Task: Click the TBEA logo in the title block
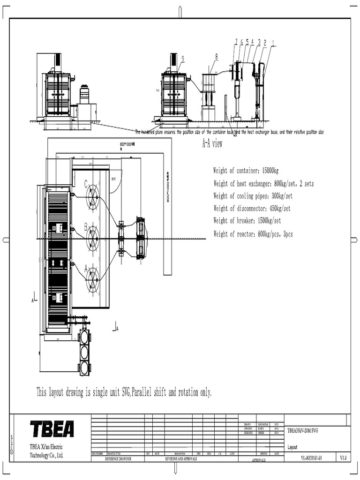(x=52, y=429)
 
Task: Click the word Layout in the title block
(x=292, y=447)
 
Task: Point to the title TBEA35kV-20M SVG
(x=302, y=430)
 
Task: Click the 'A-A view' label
(x=212, y=144)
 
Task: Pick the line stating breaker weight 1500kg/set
(x=247, y=221)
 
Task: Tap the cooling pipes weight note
(x=253, y=196)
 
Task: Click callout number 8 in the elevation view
(x=217, y=57)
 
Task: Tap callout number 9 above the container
(x=182, y=59)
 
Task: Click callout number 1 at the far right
(x=273, y=43)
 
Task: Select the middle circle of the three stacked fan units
(x=84, y=352)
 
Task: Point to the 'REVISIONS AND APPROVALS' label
(x=181, y=459)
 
